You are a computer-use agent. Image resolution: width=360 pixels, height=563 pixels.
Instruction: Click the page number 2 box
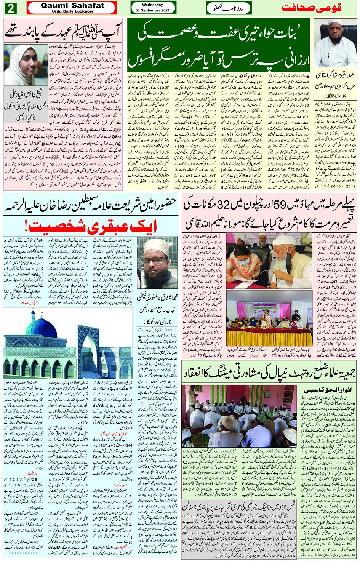point(10,8)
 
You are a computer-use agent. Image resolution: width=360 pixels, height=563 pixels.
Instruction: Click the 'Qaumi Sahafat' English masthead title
point(72,6)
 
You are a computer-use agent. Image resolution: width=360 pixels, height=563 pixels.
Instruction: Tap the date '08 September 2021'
point(152,10)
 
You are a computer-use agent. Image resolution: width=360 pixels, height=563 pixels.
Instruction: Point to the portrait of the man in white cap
point(335,43)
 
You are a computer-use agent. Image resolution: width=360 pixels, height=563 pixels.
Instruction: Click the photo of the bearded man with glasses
point(157,263)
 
